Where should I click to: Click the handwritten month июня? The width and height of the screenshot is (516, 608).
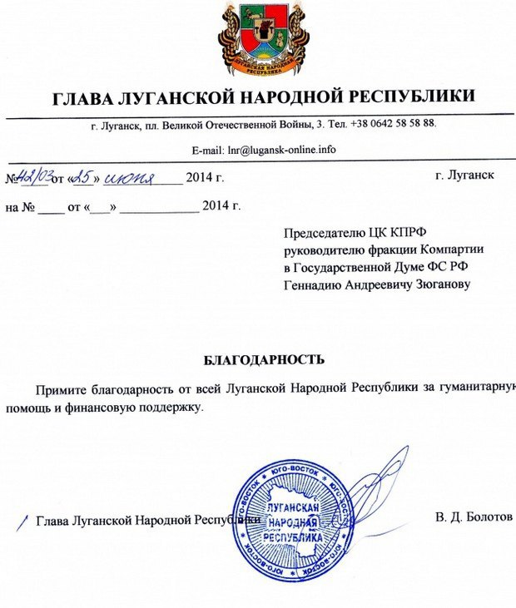point(130,176)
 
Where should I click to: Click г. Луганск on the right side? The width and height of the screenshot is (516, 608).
point(464,175)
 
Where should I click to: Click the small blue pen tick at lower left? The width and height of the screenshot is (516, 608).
point(22,521)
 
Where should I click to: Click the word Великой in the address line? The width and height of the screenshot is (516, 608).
point(178,124)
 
